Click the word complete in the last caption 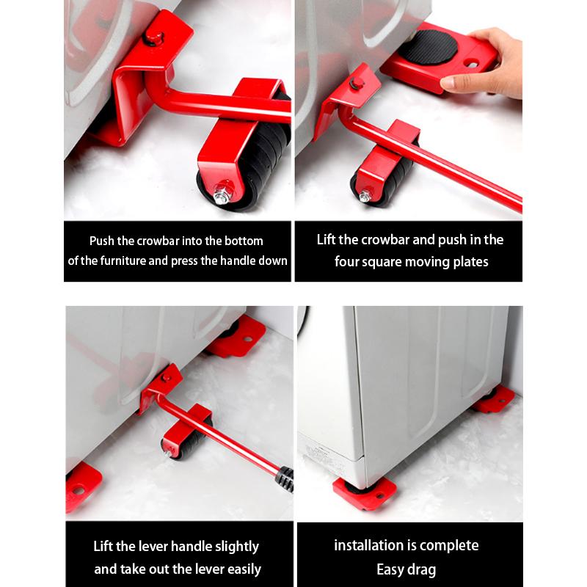(x=451, y=545)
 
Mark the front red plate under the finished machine (x=365, y=491)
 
